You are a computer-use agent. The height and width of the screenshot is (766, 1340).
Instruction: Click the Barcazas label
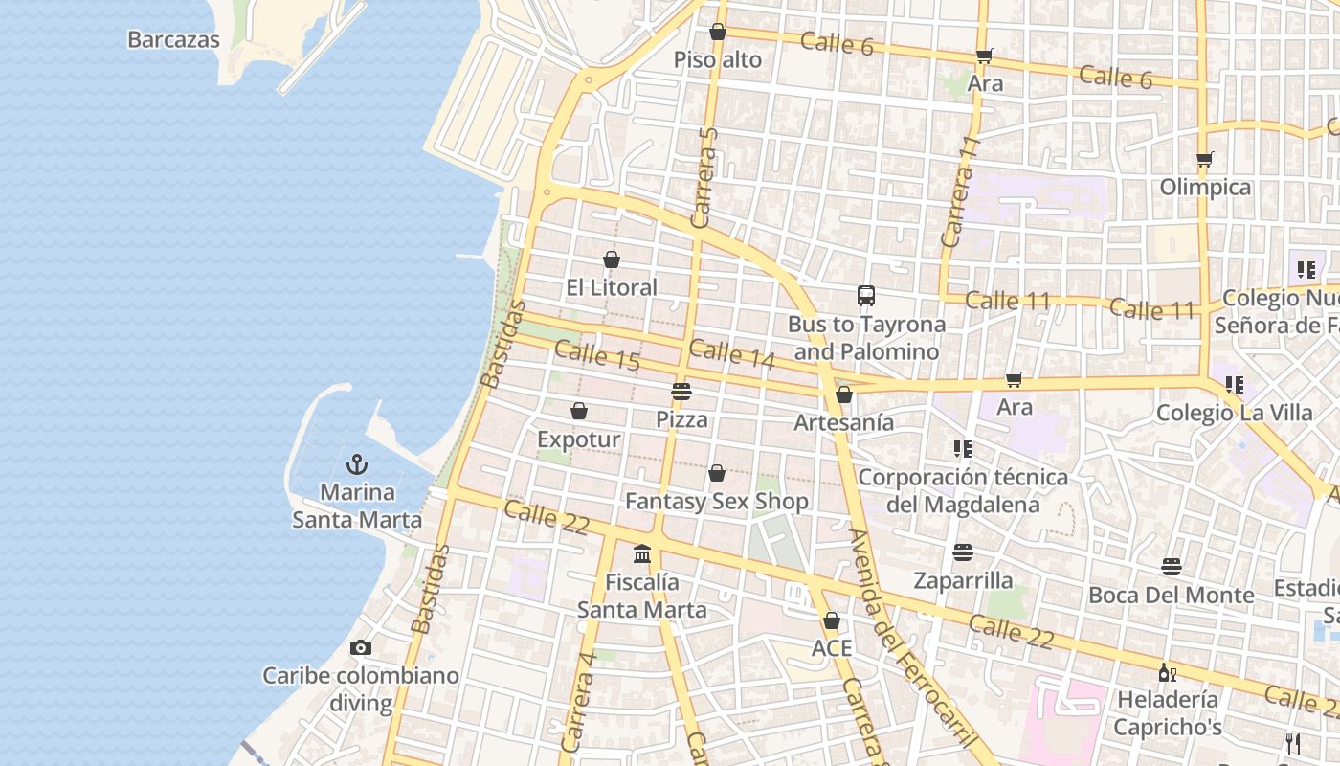173,40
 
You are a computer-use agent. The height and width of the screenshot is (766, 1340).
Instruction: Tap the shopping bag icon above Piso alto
718,33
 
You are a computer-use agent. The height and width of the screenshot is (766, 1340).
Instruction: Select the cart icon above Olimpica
1205,159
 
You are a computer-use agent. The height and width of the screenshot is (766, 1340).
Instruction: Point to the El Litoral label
612,287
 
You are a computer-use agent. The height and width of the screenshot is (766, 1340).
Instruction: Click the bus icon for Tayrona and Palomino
866,296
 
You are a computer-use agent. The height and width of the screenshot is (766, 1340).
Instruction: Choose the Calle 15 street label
597,355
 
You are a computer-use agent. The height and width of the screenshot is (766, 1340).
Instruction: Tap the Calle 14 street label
732,353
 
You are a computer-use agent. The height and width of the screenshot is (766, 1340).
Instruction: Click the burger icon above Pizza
681,391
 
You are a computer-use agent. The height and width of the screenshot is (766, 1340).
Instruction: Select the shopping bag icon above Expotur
579,412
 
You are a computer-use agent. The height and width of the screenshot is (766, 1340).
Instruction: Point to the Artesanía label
844,422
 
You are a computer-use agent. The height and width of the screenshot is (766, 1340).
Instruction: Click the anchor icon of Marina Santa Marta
357,465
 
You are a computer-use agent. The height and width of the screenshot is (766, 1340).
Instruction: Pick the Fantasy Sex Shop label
717,501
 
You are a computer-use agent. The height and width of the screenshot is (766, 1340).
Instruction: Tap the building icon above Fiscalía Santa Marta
642,553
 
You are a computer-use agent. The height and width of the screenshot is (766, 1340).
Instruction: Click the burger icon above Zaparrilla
963,552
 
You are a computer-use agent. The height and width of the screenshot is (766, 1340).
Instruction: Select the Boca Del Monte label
1172,595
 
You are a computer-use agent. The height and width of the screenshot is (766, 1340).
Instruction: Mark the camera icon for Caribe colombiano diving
361,648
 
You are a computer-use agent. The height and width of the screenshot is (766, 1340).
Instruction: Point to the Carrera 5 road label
704,177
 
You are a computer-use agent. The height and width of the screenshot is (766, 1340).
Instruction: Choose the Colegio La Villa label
1235,413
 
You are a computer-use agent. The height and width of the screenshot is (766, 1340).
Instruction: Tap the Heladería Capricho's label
1168,712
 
